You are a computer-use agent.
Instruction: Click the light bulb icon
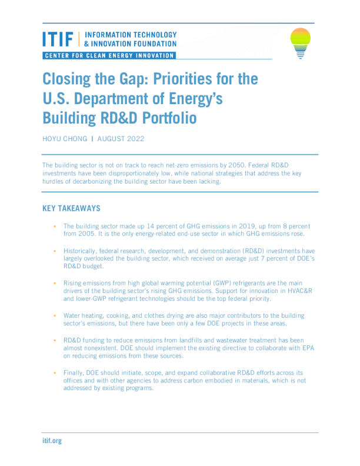301,42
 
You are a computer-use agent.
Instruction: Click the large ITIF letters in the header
58,39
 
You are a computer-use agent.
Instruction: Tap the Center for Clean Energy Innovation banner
109,56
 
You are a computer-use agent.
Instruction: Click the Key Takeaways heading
71,208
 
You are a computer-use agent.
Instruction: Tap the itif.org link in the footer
52,441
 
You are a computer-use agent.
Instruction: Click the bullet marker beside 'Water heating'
54,315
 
